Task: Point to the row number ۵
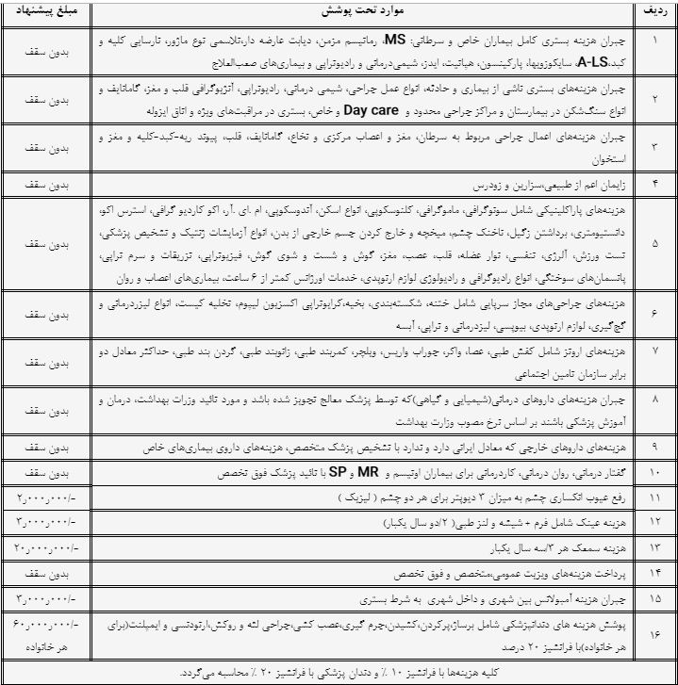tap(655, 245)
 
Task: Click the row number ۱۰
tap(655, 470)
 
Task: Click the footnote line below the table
tap(339, 674)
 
